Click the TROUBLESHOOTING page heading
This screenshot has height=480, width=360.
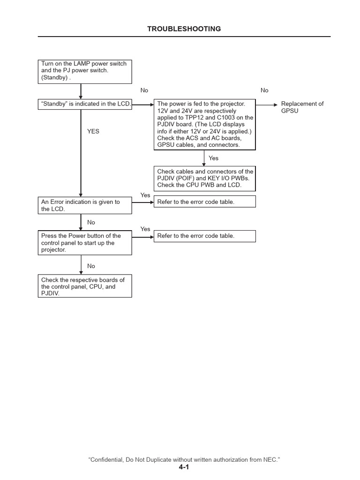pyautogui.click(x=184, y=29)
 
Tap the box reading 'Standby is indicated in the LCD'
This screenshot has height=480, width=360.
pyautogui.click(x=85, y=104)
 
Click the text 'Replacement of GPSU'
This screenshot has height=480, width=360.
pyautogui.click(x=302, y=107)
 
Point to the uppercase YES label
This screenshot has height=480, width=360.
pyautogui.click(x=93, y=132)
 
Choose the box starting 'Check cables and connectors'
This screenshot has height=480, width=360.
pyautogui.click(x=205, y=179)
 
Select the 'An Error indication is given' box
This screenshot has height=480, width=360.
pyautogui.click(x=85, y=205)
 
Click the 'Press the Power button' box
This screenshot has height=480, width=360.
pyautogui.click(x=85, y=243)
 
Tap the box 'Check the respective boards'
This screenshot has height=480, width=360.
pyautogui.click(x=85, y=286)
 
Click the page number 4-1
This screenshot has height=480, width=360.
pyautogui.click(x=184, y=467)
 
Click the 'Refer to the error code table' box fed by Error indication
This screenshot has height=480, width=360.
pyautogui.click(x=205, y=202)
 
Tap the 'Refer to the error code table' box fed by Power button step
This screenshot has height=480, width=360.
pyautogui.click(x=205, y=236)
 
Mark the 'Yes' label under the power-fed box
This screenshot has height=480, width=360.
pyautogui.click(x=213, y=158)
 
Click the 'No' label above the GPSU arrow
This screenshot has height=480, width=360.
pyautogui.click(x=264, y=90)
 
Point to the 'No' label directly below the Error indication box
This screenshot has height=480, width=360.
pyautogui.click(x=91, y=223)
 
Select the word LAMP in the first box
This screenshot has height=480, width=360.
pyautogui.click(x=77, y=64)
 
